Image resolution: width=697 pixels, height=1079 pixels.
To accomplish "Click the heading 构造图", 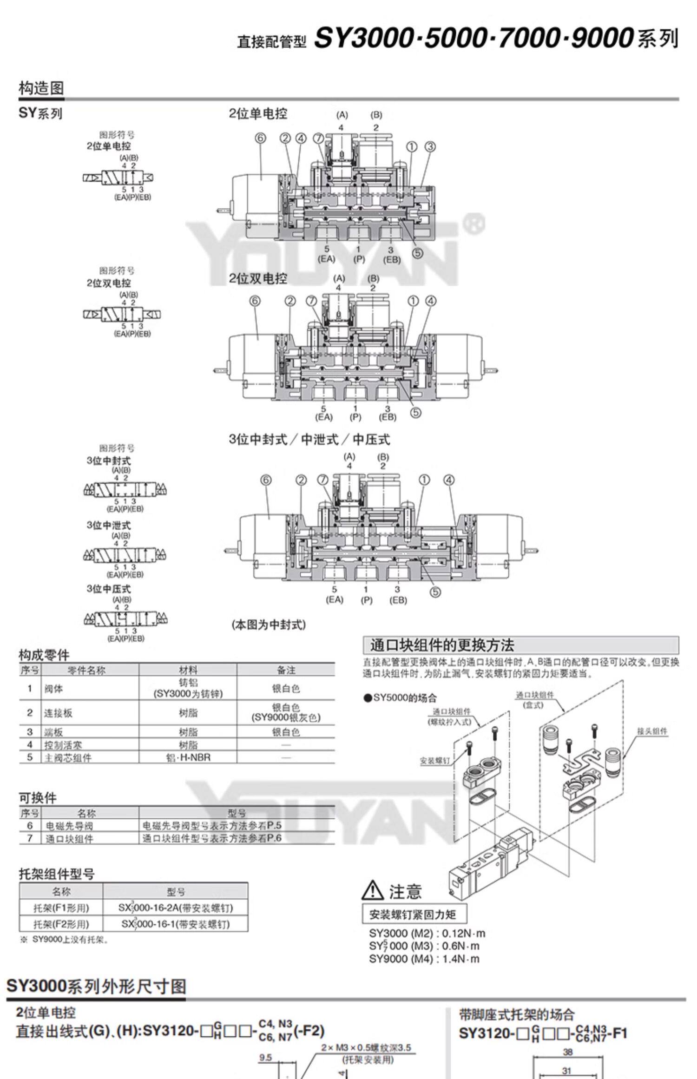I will pyautogui.click(x=41, y=88).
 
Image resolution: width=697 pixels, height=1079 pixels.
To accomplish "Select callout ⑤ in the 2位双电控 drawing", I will pyautogui.click(x=416, y=412).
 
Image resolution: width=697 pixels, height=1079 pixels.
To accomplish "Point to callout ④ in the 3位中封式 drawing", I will pyautogui.click(x=449, y=480).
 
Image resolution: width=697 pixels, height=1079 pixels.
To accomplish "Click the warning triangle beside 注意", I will pyautogui.click(x=373, y=890).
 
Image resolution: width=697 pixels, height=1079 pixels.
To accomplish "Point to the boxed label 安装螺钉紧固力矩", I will pyautogui.click(x=413, y=915).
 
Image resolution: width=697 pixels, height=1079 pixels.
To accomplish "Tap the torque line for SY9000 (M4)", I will pyautogui.click(x=424, y=959).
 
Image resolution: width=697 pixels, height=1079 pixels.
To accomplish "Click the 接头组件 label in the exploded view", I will pyautogui.click(x=652, y=731).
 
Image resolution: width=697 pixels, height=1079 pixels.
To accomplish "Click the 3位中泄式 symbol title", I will pyautogui.click(x=109, y=525).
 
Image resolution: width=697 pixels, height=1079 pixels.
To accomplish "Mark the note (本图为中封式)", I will pyautogui.click(x=269, y=625).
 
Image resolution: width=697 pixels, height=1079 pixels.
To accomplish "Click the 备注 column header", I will pyautogui.click(x=286, y=670).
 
